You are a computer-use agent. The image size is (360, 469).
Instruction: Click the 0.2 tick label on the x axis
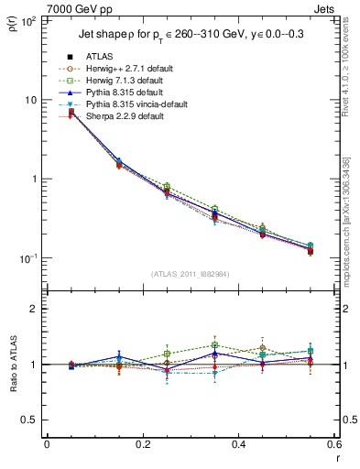(142, 444)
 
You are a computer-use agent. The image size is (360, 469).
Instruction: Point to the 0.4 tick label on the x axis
(238, 444)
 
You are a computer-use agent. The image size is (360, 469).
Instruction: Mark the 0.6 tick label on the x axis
(333, 444)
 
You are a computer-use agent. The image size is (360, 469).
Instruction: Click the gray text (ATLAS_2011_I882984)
(190, 274)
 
